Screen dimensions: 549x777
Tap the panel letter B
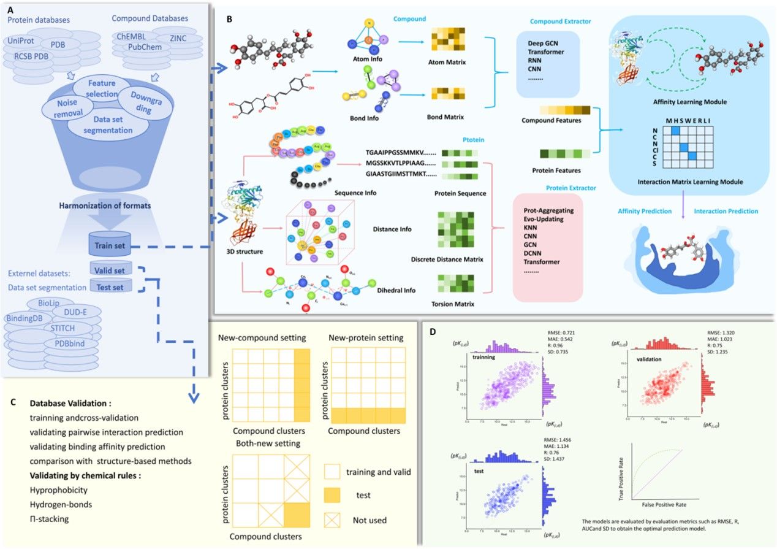(229, 19)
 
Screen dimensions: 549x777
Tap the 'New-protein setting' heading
(366, 337)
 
